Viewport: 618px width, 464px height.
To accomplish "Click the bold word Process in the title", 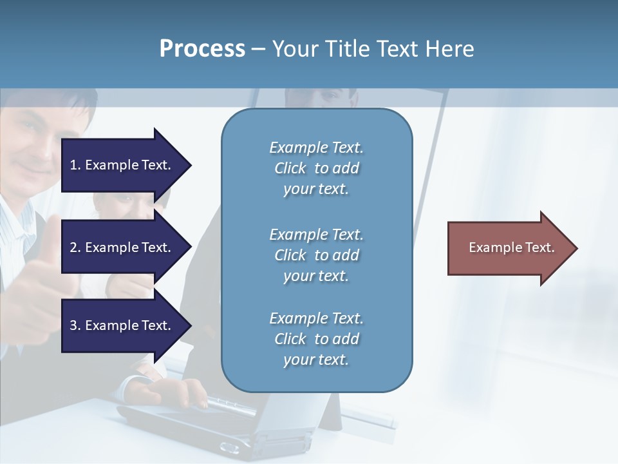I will [x=202, y=49].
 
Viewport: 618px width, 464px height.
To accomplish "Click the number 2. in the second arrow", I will [x=75, y=247].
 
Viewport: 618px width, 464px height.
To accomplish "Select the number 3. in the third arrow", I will [x=75, y=325].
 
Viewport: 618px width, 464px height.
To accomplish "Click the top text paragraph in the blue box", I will [x=316, y=168].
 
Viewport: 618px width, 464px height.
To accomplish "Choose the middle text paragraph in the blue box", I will [x=316, y=255].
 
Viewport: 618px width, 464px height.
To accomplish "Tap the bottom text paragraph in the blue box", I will [x=316, y=339].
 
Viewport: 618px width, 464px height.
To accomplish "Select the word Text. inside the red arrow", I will [x=539, y=247].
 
